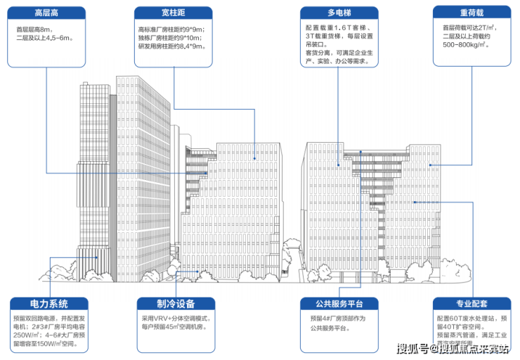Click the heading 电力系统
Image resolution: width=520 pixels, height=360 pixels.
coord(49,304)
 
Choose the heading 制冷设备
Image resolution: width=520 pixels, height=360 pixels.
coord(176,304)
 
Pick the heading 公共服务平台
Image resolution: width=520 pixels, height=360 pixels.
coord(340,304)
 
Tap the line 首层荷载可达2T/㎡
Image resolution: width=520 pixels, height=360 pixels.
coord(470,27)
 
